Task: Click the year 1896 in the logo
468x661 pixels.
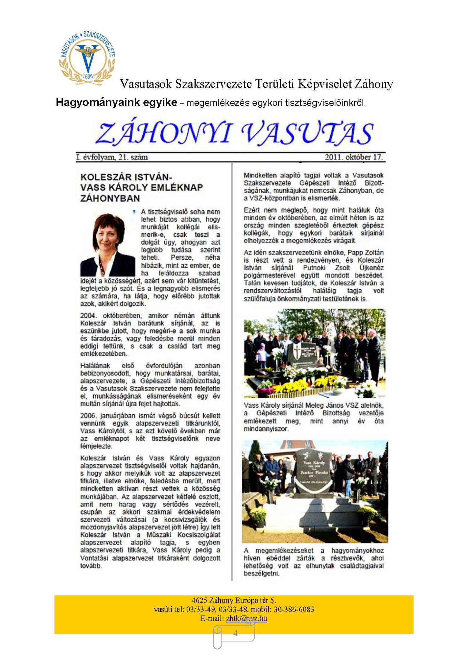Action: click(88, 76)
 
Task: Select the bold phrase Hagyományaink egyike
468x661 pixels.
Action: click(116, 102)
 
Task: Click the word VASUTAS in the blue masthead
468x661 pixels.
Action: click(307, 133)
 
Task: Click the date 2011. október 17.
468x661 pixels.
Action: click(353, 157)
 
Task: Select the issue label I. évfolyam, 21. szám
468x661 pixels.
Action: click(112, 157)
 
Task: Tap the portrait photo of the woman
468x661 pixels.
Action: click(108, 244)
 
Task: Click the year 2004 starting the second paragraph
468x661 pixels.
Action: click(88, 316)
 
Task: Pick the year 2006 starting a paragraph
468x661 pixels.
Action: click(88, 416)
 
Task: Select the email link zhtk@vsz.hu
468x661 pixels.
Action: click(246, 618)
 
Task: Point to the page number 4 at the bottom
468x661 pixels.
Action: click(235, 633)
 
